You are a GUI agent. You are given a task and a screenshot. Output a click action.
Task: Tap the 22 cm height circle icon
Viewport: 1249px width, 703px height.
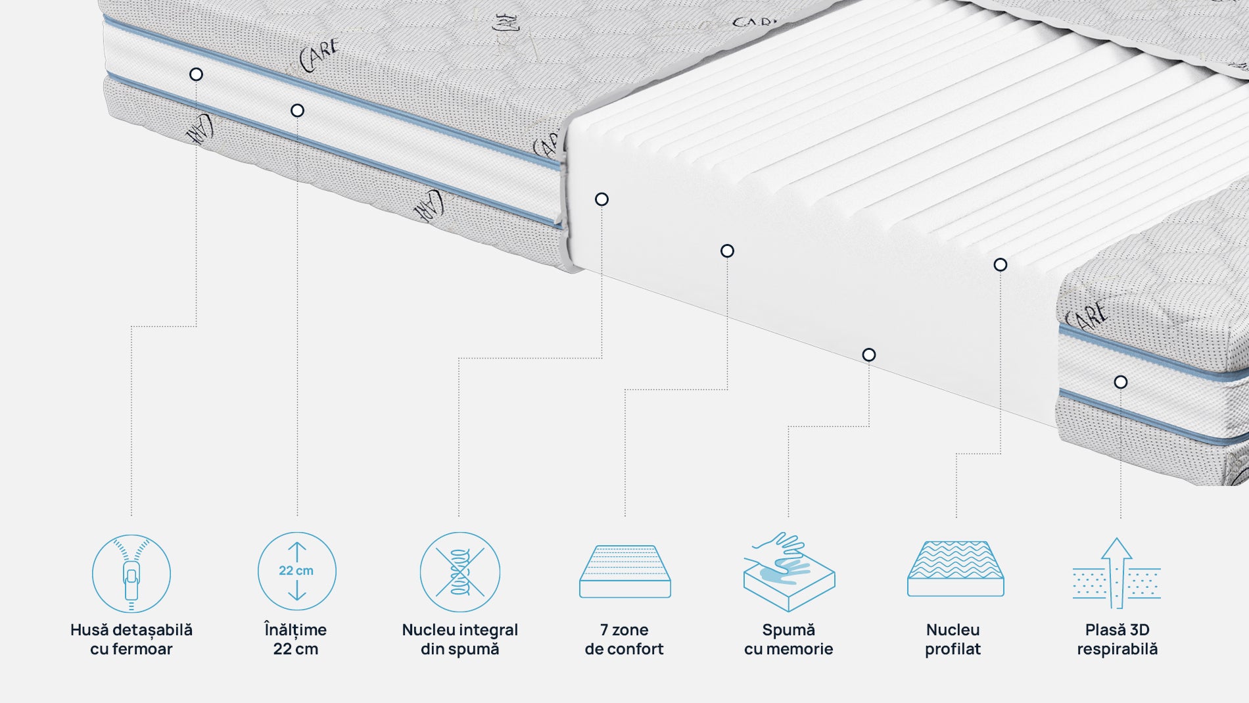pos(296,571)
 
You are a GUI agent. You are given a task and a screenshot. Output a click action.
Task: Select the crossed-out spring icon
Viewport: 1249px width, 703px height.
pos(460,572)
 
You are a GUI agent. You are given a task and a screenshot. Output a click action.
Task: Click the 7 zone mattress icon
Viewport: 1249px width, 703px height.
pos(624,571)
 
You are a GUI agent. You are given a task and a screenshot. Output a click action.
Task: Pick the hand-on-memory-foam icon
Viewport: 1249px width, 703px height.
pos(788,571)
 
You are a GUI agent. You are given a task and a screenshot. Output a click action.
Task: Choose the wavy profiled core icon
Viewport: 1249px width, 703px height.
pos(955,570)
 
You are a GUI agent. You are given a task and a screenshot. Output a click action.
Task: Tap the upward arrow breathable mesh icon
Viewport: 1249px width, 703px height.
pos(1117,573)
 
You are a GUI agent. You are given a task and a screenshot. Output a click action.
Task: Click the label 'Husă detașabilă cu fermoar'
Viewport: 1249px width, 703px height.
pos(131,639)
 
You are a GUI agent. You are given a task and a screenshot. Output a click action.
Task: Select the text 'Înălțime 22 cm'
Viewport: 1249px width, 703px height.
pos(296,639)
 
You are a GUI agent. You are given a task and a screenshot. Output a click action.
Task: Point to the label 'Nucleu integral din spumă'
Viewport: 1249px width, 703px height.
pos(460,639)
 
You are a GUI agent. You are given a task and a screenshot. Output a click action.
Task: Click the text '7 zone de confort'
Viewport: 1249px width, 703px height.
pos(624,639)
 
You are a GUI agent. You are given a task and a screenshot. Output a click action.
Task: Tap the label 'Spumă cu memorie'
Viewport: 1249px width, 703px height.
pos(788,639)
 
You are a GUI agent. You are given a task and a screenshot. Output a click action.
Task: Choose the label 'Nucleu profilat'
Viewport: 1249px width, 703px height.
pos(953,639)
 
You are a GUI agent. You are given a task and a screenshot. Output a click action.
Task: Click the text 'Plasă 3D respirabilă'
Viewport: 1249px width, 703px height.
pos(1117,639)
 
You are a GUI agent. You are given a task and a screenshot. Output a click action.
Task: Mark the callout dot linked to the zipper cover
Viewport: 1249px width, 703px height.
pos(196,74)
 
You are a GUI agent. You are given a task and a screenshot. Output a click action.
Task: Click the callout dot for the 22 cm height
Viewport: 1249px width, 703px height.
pos(297,110)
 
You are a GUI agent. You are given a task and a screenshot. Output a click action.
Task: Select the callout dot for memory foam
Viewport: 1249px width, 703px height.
pos(869,355)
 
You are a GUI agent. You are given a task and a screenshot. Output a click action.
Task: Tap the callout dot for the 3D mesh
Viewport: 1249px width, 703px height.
pos(1121,382)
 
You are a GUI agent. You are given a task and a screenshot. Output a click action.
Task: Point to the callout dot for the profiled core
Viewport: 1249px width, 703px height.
pos(1001,265)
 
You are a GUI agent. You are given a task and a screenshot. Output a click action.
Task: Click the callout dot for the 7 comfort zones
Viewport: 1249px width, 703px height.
pos(727,251)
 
